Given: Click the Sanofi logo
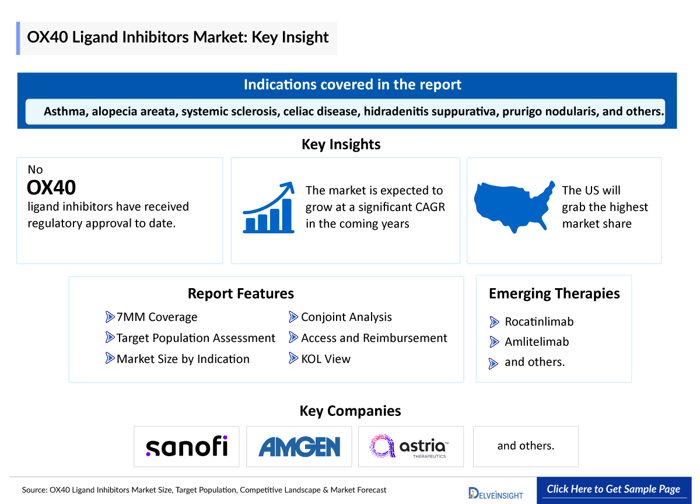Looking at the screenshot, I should coord(186,446).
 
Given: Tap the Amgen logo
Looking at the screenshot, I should coord(299,447).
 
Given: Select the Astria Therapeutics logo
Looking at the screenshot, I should coord(410,446).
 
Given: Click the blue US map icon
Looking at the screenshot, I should coord(513,205).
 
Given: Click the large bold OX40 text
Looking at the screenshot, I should coord(51,187).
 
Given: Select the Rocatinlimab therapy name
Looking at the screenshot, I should coord(539,321).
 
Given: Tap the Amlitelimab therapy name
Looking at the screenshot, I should coord(537,342).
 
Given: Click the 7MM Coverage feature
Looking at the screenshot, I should coord(156,317).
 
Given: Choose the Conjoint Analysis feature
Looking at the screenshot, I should coord(346,317).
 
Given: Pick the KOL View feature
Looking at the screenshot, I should coord(325,359).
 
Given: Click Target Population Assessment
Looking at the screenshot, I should coord(195,338).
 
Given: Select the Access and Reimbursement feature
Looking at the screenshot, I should coord(374,338).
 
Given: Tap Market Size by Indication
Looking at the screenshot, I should coord(183,359).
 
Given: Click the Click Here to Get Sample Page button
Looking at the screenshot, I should coord(613,489).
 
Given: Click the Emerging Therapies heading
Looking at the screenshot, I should coord(554,293).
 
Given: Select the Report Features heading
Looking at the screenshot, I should coord(240,293).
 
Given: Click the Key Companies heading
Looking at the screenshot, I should coord(350,411).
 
